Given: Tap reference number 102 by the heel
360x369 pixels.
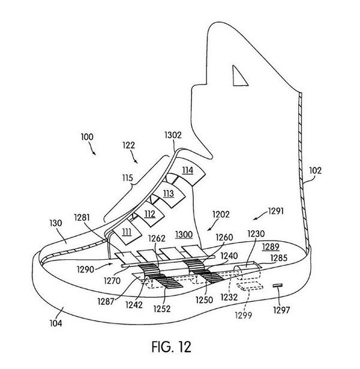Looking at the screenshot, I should click(315, 170).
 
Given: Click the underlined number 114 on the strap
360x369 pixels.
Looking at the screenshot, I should click(187, 170).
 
